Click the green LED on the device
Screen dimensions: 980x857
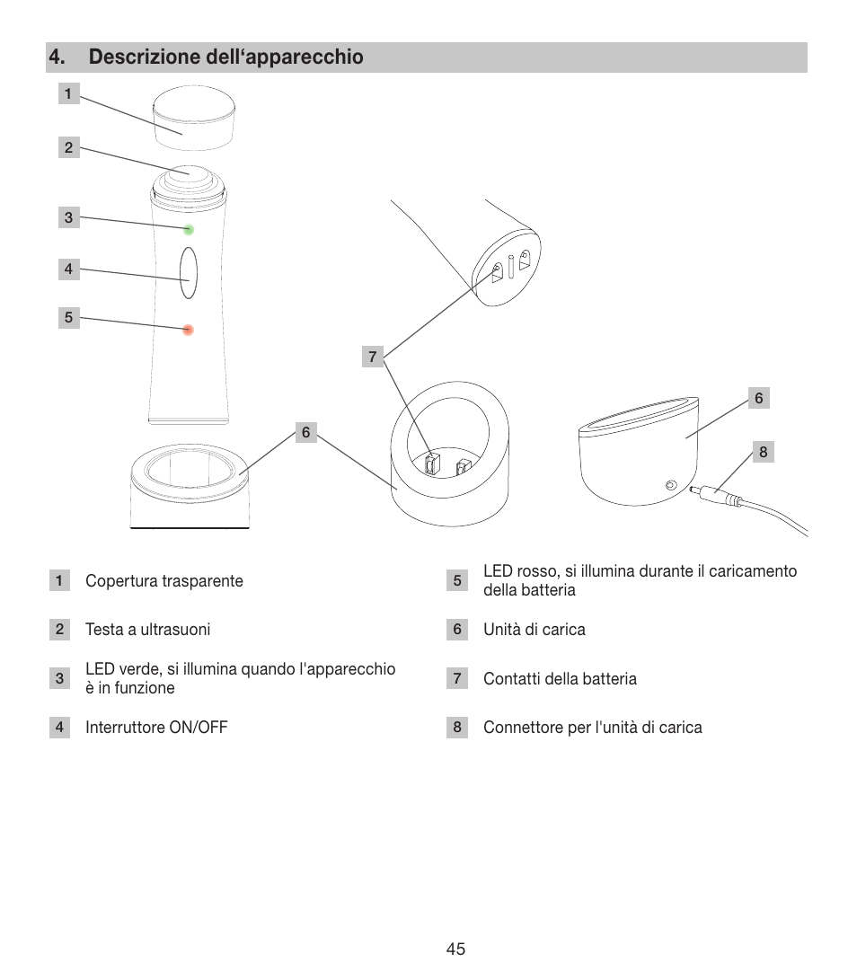coord(189,229)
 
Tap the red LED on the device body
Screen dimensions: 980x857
coord(188,330)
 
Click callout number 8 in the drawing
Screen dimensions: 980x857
coord(763,452)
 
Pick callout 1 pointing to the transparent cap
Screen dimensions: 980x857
coord(68,93)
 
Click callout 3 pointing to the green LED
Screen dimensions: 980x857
coord(68,217)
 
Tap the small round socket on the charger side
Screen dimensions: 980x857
coord(670,486)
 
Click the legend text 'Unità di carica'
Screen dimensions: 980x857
coord(534,630)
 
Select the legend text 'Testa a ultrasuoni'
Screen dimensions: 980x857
coord(147,630)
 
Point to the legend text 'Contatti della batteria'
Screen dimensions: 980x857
coord(560,679)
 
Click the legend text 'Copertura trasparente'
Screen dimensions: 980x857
coord(163,581)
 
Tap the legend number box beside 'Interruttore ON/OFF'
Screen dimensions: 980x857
coord(59,728)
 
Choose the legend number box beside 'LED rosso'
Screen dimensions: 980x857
coord(457,581)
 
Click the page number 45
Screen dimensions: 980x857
coord(455,949)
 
